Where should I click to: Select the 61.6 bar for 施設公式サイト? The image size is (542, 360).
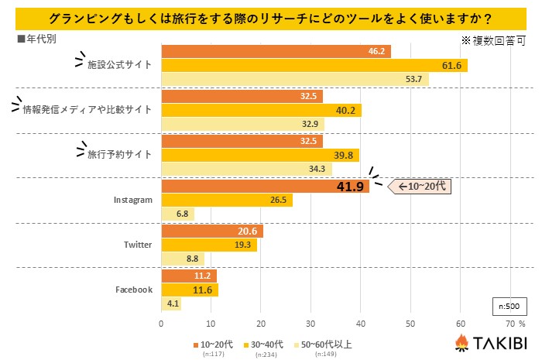point(314,65)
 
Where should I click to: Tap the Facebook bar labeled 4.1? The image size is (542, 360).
point(171,303)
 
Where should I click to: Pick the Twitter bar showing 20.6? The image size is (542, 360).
point(212,231)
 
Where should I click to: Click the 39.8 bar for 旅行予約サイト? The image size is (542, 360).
point(260,155)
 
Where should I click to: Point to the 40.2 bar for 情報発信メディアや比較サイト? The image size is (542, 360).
point(261,110)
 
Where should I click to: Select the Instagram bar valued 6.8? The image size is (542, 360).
point(177,214)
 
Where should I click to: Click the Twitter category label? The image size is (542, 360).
point(138,245)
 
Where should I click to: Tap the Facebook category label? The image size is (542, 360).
point(134,290)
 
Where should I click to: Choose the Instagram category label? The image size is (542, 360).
point(132,200)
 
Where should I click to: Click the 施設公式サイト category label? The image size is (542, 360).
point(119,65)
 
